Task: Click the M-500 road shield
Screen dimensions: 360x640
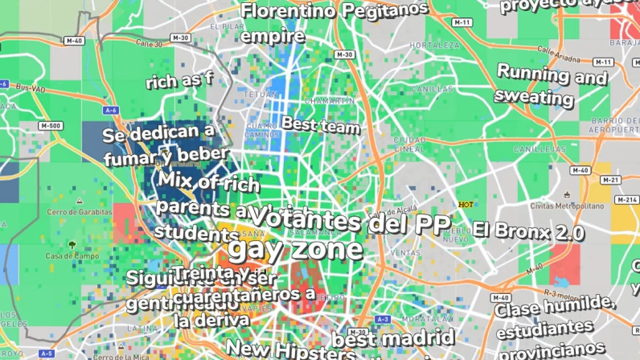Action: (51, 126)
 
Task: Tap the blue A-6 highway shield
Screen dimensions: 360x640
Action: (111, 110)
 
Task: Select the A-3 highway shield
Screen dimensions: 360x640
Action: (383, 319)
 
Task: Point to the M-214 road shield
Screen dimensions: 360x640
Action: (627, 200)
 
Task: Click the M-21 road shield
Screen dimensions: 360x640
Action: (611, 180)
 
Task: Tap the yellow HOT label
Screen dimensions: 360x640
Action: (466, 204)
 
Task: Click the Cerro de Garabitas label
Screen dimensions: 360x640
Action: (79, 212)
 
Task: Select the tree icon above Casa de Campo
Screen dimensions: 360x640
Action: (72, 245)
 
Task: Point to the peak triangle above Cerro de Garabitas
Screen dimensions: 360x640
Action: (79, 200)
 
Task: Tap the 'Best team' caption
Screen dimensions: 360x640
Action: (321, 126)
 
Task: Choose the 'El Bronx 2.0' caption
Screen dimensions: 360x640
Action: (528, 231)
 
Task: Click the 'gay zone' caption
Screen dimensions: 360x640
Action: (295, 250)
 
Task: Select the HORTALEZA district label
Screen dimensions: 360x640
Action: (434, 45)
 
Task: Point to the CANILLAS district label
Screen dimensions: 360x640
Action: (432, 89)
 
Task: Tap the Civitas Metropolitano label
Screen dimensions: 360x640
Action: (567, 206)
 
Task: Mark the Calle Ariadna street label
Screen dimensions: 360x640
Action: (558, 54)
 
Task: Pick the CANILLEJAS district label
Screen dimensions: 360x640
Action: (540, 149)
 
